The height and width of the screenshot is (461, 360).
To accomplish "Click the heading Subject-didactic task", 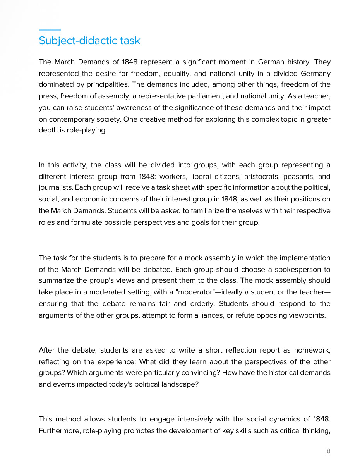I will (x=89, y=41).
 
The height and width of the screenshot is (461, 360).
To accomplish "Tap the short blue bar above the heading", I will (x=50, y=30).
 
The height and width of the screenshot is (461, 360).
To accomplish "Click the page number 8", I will (x=329, y=451).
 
